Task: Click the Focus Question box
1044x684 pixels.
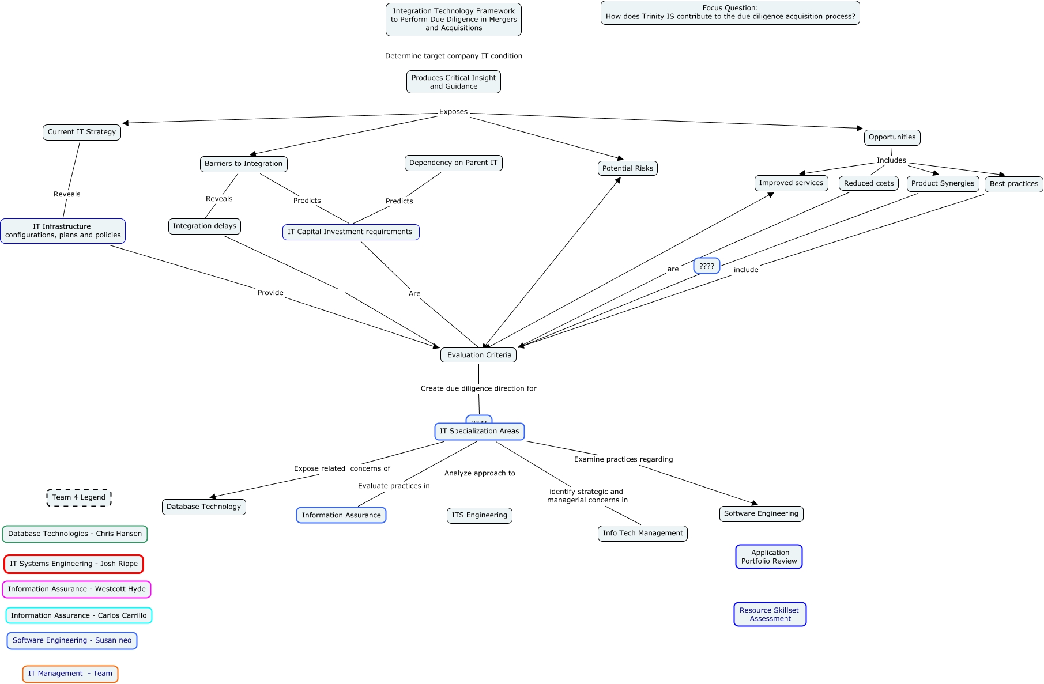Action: pyautogui.click(x=730, y=13)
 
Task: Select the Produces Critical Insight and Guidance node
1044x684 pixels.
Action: pyautogui.click(x=453, y=82)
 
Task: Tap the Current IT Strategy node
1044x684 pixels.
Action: pyautogui.click(x=82, y=132)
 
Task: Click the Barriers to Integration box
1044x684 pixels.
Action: pyautogui.click(x=243, y=164)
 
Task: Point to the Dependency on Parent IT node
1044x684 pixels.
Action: pyautogui.click(x=453, y=163)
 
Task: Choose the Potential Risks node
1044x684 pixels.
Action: pyautogui.click(x=627, y=168)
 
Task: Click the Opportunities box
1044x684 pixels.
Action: pyautogui.click(x=892, y=137)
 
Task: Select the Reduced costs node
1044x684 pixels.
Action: pyautogui.click(x=868, y=183)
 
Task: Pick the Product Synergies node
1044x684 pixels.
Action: pyautogui.click(x=943, y=183)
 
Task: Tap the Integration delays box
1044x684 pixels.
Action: pyautogui.click(x=205, y=226)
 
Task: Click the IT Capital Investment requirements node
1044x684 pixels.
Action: pyautogui.click(x=350, y=232)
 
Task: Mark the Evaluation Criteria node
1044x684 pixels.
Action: pyautogui.click(x=478, y=355)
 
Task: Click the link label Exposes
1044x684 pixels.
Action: pyautogui.click(x=453, y=112)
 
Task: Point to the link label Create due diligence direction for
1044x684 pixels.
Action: pyautogui.click(x=478, y=388)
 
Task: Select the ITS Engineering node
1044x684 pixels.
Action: pyautogui.click(x=479, y=515)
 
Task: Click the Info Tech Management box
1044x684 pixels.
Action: pyautogui.click(x=642, y=533)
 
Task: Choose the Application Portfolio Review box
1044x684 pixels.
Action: pyautogui.click(x=769, y=557)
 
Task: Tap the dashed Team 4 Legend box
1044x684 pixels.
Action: pyautogui.click(x=79, y=497)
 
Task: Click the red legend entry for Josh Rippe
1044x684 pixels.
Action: pyautogui.click(x=74, y=564)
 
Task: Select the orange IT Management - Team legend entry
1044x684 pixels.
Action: pyautogui.click(x=70, y=674)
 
